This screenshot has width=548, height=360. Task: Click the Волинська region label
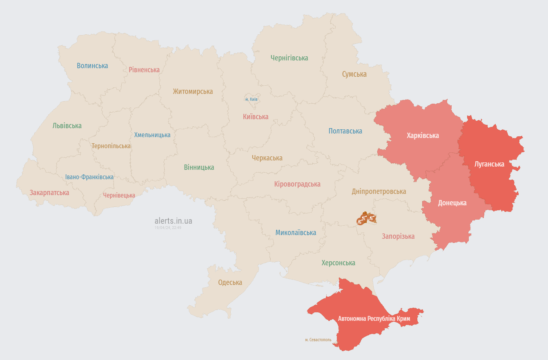92,66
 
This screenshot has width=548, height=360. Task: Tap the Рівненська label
144,70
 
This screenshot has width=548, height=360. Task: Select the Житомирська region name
193,91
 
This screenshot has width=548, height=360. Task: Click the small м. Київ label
251,99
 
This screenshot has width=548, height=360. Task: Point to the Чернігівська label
289,58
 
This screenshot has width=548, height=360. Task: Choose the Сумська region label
354,74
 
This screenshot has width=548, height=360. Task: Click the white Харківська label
423,136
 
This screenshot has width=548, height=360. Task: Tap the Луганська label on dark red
489,164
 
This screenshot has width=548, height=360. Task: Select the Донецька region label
452,203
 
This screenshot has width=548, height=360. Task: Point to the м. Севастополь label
318,340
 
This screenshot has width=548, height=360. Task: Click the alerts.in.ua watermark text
173,221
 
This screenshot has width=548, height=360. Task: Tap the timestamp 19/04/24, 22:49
168,228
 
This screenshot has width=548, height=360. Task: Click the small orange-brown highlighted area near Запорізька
366,219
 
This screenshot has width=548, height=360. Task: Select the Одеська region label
230,282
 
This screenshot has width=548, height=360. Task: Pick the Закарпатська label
49,193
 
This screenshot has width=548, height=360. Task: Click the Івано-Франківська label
89,177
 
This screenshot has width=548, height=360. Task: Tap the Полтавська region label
345,131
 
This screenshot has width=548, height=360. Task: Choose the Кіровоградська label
297,184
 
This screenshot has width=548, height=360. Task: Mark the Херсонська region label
338,263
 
